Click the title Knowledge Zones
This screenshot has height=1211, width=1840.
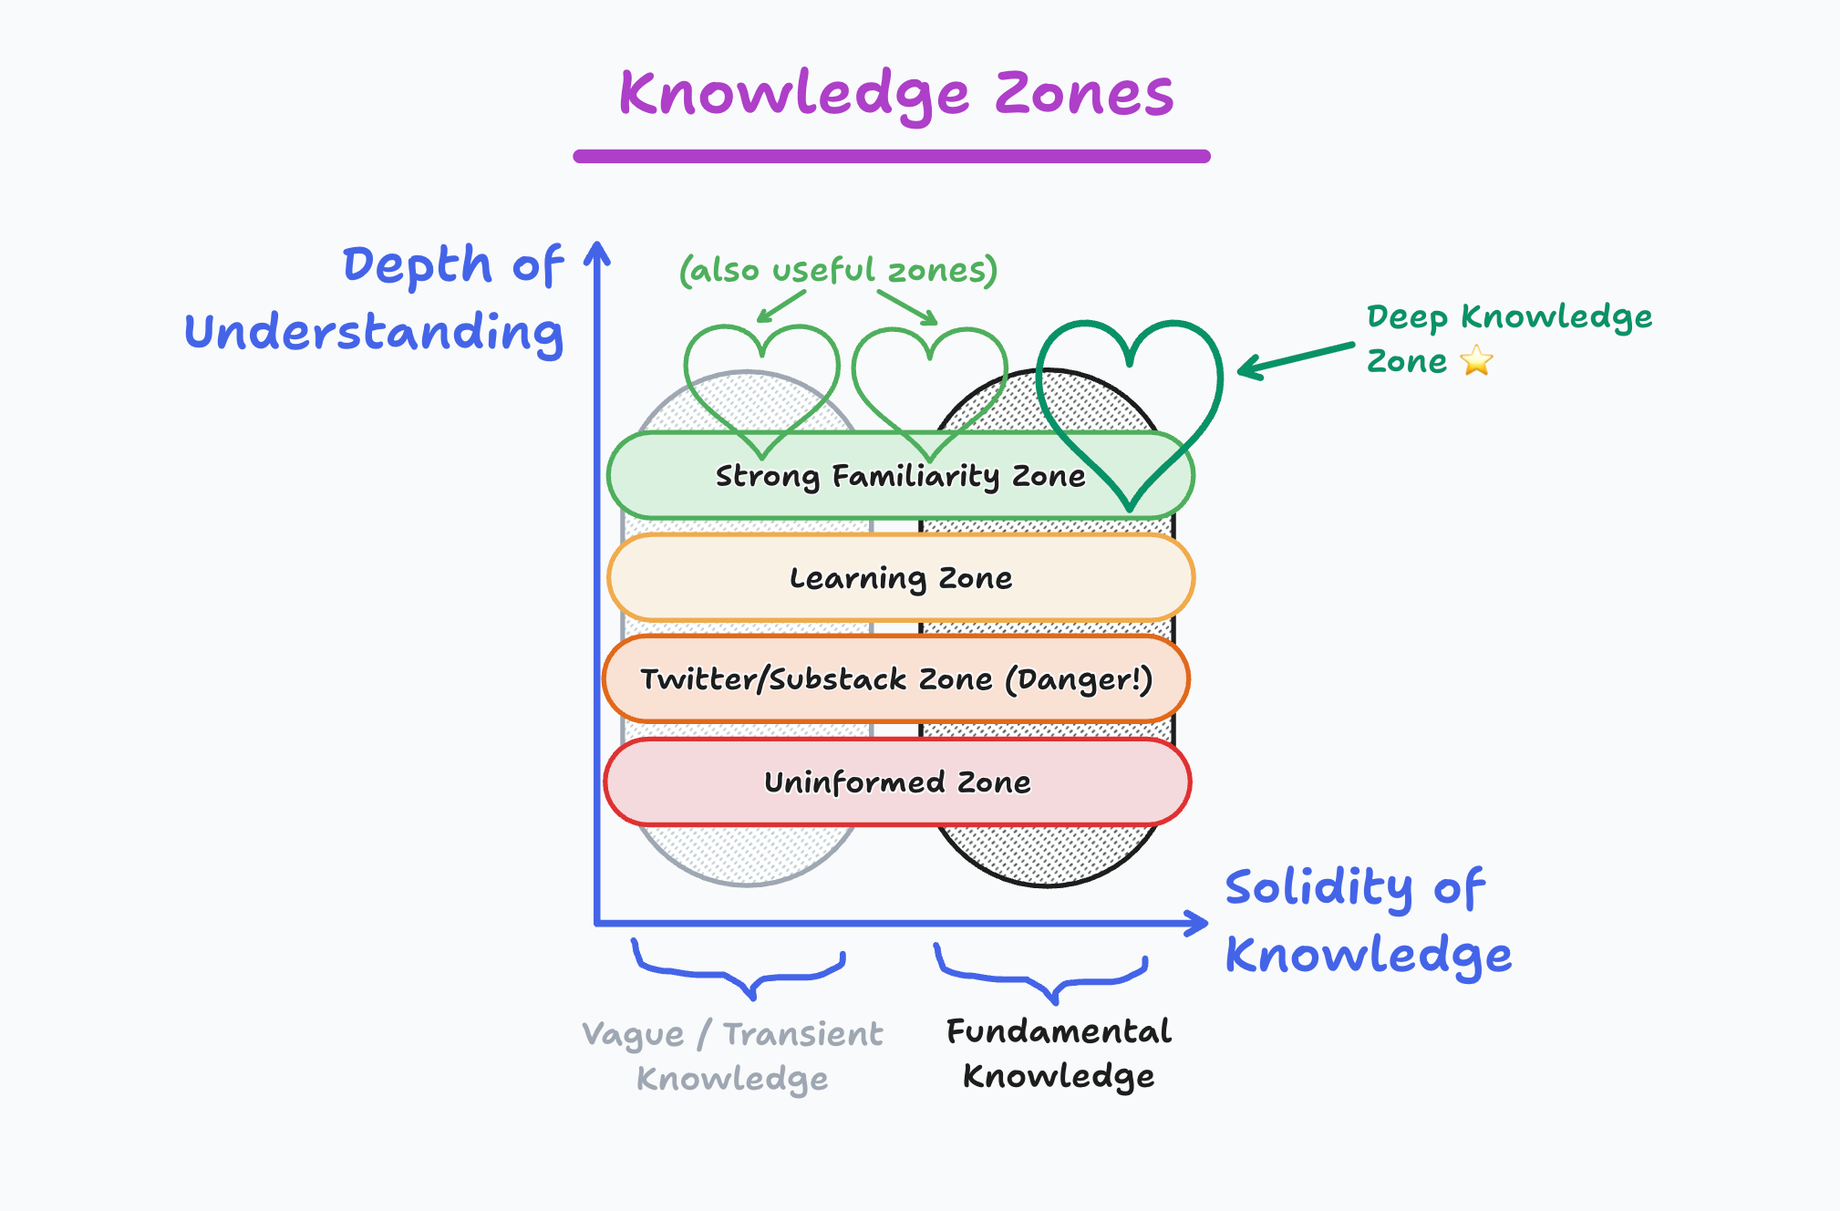[x=895, y=95]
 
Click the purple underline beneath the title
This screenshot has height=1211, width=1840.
[x=892, y=157]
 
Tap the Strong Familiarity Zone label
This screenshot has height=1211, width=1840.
[x=900, y=476]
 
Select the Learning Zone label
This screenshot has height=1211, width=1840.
[x=900, y=578]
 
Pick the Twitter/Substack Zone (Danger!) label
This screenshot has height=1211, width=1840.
[x=896, y=679]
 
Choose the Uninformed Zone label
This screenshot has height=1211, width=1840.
[x=897, y=782]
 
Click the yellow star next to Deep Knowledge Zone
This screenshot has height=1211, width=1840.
[x=1476, y=361]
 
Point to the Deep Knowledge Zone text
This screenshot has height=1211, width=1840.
[x=1508, y=337]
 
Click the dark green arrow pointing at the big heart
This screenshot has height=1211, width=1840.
[x=1295, y=359]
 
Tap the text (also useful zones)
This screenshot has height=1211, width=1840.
[x=838, y=271]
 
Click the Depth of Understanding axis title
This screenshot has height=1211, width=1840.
[x=375, y=298]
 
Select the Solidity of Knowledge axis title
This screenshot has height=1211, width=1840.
[x=1368, y=921]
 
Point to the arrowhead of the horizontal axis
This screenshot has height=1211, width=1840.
[x=1196, y=923]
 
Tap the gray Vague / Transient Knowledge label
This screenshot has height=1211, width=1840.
[x=732, y=1056]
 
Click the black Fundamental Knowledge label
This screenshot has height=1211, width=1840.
[x=1059, y=1053]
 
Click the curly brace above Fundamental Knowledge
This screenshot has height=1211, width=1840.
[x=1041, y=977]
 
